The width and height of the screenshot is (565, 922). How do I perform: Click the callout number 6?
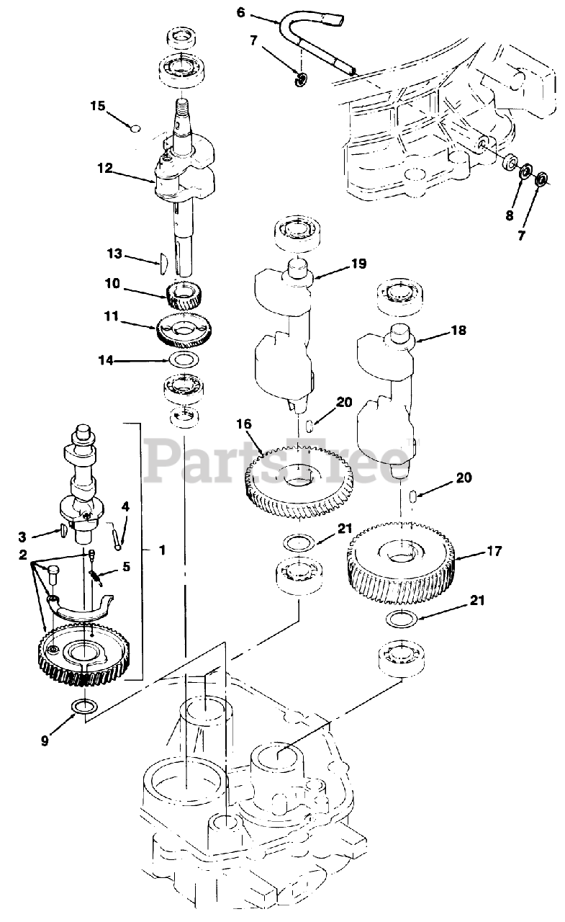[x=240, y=12]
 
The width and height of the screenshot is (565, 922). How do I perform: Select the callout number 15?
[x=98, y=106]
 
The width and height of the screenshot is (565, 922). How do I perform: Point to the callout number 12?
[x=105, y=168]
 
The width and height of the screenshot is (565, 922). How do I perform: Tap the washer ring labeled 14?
[x=184, y=359]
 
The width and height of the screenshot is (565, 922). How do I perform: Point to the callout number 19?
[x=358, y=264]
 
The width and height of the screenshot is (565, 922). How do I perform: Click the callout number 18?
[x=458, y=331]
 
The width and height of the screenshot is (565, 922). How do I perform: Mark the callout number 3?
[x=22, y=536]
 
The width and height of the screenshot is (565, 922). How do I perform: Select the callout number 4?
[x=125, y=506]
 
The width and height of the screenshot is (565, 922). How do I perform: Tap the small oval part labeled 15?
[x=134, y=129]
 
